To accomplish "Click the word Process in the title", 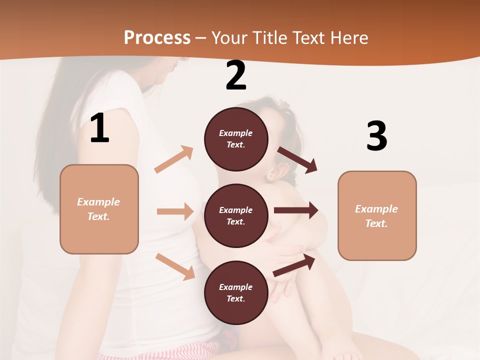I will click(x=157, y=37).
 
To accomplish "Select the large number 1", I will click(x=99, y=128).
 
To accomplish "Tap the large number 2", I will click(x=236, y=75).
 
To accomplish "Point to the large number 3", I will click(x=376, y=136).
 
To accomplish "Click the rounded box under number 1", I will click(x=99, y=209).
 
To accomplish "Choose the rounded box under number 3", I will click(x=377, y=215).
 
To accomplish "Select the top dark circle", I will click(x=236, y=139).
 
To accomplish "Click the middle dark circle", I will click(x=236, y=215).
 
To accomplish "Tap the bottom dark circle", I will click(x=236, y=292).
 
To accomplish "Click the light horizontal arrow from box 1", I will click(x=175, y=211).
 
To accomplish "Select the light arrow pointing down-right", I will click(x=175, y=266).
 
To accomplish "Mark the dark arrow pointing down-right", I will click(x=297, y=159).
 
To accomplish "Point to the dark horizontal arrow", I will click(x=296, y=210).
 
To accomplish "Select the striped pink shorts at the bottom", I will click(x=160, y=350).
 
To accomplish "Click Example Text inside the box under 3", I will click(x=376, y=216).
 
